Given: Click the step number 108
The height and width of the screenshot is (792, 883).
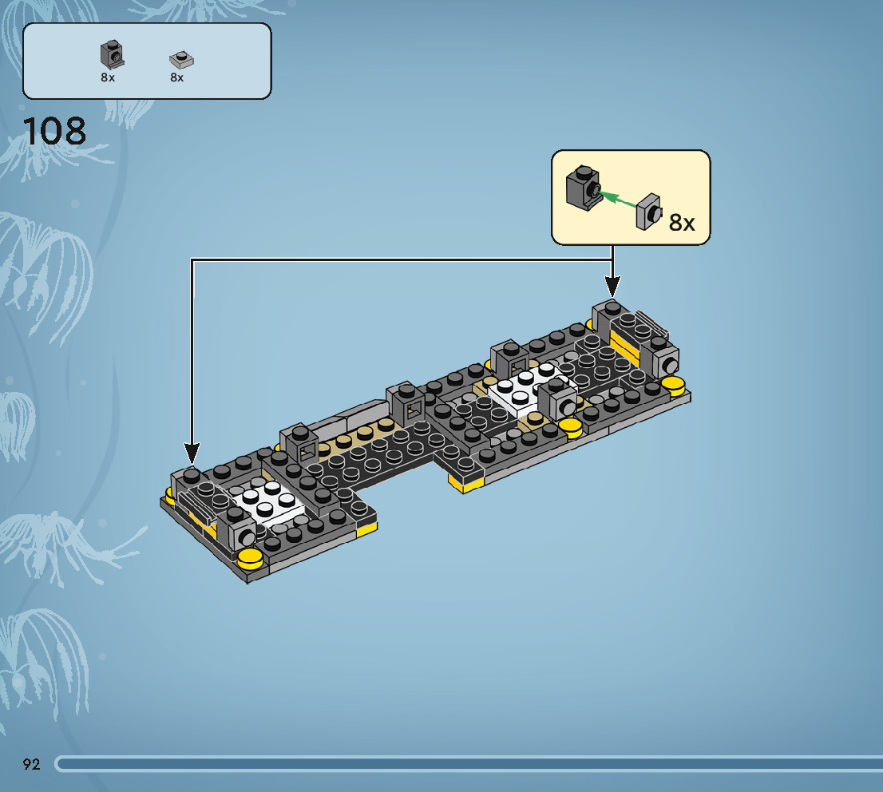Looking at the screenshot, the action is coord(54,131).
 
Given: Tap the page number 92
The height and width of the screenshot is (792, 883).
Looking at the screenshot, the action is coord(32,764).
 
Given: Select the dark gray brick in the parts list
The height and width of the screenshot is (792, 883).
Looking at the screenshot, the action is coord(112,54).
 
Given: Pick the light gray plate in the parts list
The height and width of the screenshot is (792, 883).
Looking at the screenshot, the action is coord(181,60).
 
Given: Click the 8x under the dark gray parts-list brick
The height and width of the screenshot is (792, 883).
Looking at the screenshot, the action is coord(108,77).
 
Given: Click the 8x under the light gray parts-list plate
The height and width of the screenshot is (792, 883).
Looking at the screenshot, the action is coord(176,77).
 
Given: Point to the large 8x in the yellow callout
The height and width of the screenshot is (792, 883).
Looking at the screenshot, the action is coord(681,223).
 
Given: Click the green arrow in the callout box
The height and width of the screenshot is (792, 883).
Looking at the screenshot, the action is coord(617,200).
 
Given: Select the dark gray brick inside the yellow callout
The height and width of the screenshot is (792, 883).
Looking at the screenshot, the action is coord(583,188).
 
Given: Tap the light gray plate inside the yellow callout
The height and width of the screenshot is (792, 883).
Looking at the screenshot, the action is coord(649,212).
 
